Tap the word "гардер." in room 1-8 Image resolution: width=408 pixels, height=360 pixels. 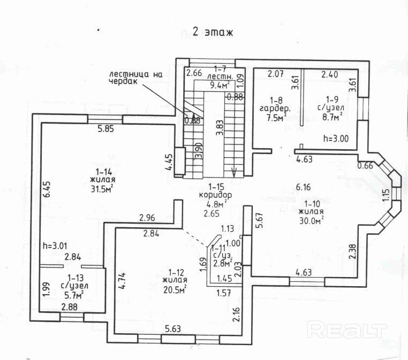click(274, 109)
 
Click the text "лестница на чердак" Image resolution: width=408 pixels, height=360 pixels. click(134, 78)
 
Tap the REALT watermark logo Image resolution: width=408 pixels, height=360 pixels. click(347, 329)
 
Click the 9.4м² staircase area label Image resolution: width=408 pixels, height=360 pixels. click(219, 85)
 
